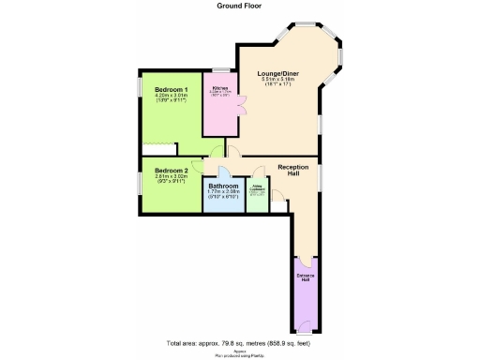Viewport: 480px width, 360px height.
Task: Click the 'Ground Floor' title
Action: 239,6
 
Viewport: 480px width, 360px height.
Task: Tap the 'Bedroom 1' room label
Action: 159,89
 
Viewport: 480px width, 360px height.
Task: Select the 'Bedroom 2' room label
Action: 159,170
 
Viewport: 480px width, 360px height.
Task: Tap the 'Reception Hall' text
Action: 293,171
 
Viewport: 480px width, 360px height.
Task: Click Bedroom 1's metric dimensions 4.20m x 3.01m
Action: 159,96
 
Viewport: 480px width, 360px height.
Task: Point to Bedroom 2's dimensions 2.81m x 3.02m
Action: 159,176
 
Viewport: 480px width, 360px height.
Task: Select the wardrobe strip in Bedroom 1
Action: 158,147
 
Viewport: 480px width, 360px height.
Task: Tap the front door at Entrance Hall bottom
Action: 306,329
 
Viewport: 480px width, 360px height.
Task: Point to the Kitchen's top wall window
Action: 221,70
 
